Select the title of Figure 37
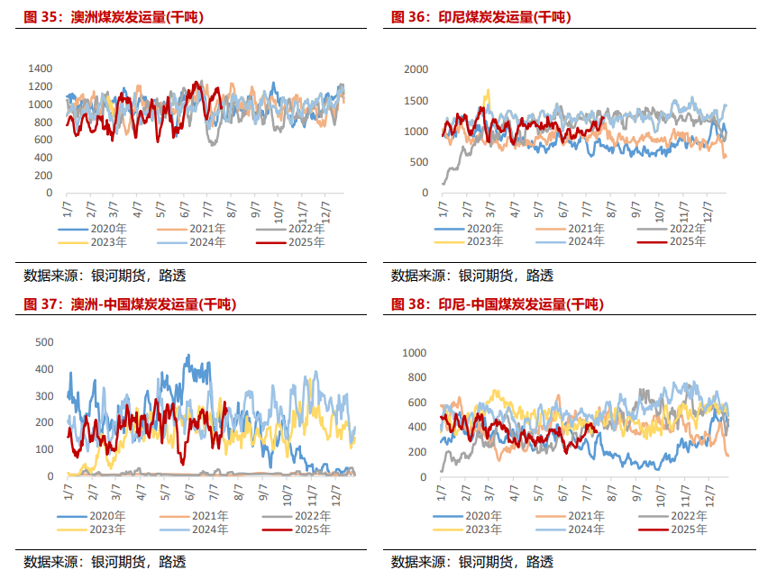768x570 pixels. coord(130,304)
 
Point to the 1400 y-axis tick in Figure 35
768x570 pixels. coord(41,68)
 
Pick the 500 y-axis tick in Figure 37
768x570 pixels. coord(43,342)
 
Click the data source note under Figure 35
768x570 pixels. coord(105,276)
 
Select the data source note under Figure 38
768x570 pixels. coord(472,562)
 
